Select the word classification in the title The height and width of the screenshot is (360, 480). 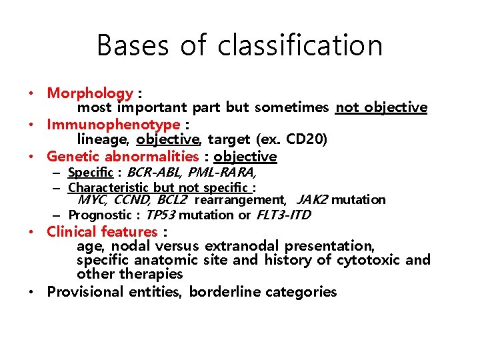pos(300,46)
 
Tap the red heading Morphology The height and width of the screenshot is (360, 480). pos(90,94)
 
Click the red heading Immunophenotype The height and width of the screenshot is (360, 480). pos(113,125)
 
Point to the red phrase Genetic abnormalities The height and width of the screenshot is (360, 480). pos(123,157)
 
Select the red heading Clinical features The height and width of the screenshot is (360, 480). pos(102,232)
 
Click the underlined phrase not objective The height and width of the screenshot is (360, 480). pos(381,108)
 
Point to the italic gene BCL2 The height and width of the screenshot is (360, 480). pos(172,199)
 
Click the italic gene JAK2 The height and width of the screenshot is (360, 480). pos(312,199)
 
